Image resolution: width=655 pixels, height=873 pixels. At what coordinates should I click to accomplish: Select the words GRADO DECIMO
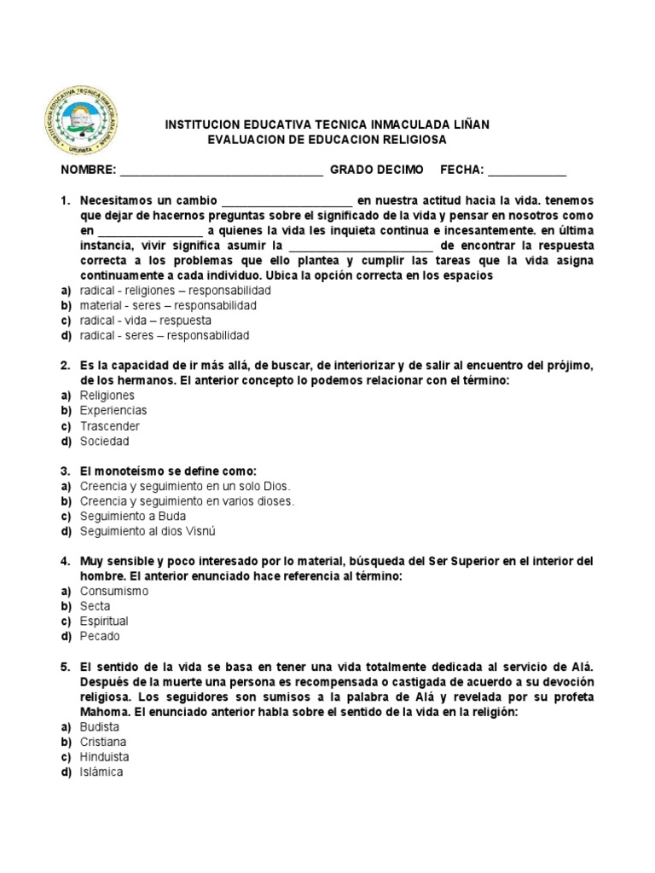[376, 170]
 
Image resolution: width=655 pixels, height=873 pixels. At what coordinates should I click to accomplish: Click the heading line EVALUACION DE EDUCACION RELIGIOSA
[327, 139]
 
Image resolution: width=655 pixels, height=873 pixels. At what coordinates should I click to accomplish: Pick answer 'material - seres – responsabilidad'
[168, 305]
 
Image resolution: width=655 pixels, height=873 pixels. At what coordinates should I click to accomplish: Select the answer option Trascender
[110, 426]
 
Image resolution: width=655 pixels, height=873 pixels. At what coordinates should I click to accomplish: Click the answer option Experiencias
[113, 411]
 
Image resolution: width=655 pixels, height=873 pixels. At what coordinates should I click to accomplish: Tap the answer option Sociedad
[105, 442]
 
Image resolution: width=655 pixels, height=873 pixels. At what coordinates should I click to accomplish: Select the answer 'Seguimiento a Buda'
[133, 517]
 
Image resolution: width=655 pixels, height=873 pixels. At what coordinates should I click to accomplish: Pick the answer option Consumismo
[114, 591]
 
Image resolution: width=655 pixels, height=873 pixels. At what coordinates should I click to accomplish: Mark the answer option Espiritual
[104, 622]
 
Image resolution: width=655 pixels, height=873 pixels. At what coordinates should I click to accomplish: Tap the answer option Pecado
[100, 637]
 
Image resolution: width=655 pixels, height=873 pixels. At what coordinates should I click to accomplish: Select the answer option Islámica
[101, 772]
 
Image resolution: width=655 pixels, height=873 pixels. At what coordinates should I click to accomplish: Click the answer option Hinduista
[104, 756]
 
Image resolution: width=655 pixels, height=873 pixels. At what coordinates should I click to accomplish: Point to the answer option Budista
[100, 726]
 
